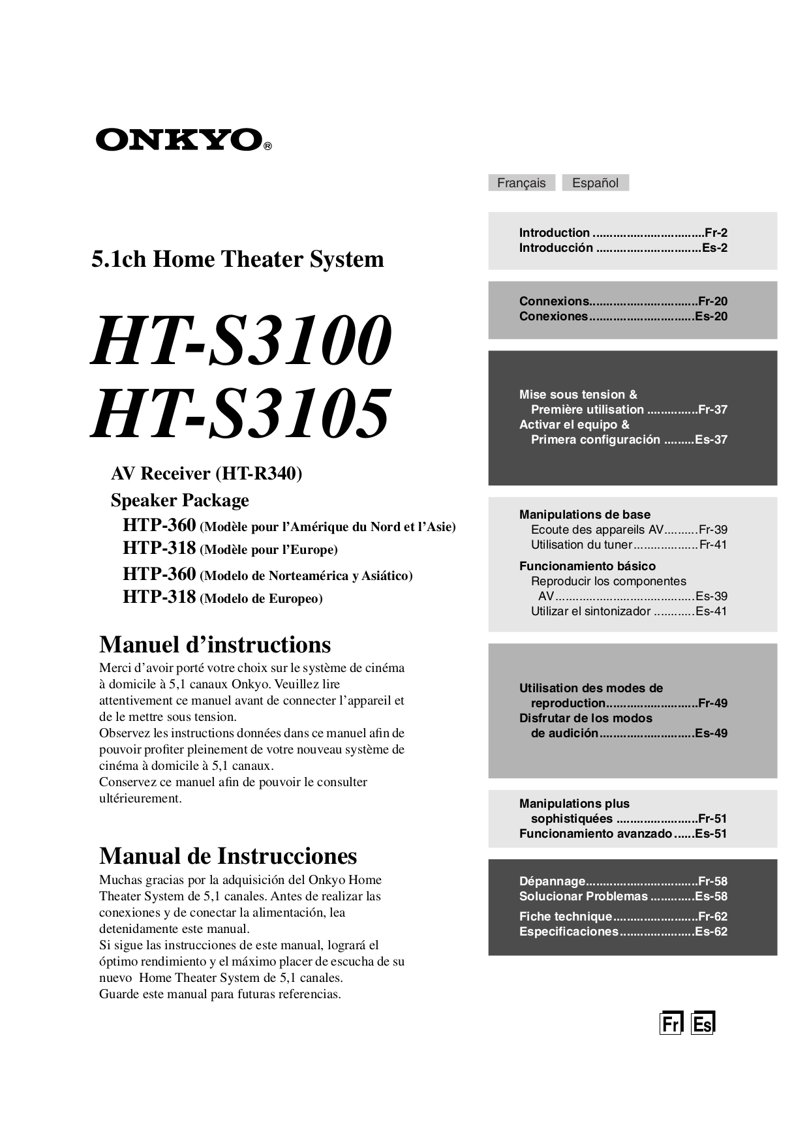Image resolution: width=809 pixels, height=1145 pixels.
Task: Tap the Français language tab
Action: [521, 183]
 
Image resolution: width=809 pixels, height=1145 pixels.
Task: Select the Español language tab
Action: [595, 183]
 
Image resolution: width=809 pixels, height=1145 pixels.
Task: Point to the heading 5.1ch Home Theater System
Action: [237, 260]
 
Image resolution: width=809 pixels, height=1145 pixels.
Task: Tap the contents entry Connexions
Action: [554, 301]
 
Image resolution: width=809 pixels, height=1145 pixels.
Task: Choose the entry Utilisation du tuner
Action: [581, 545]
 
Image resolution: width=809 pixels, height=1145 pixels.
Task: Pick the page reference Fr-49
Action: [712, 703]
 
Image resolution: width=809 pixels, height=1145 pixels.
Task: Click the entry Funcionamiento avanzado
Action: [595, 834]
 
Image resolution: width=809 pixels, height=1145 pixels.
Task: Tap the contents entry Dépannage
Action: [552, 881]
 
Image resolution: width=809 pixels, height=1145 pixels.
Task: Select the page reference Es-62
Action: [711, 932]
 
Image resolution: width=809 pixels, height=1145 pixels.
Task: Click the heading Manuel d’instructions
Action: [215, 645]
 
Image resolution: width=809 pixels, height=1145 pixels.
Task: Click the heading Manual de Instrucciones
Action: [228, 856]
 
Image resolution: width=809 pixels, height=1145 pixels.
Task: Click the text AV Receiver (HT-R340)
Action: [206, 474]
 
